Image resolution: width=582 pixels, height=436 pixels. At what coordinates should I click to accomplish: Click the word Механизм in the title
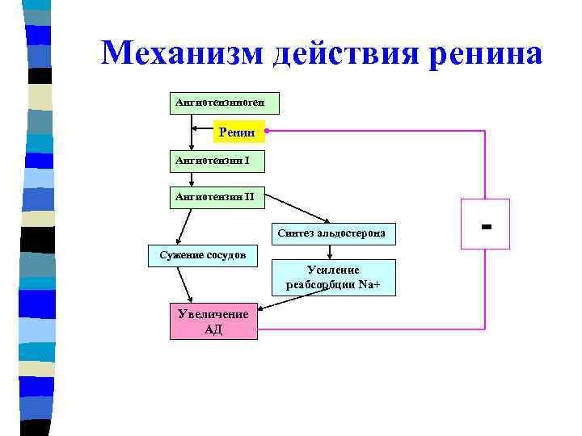point(183,54)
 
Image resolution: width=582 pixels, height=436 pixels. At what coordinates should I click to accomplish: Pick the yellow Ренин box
point(238,130)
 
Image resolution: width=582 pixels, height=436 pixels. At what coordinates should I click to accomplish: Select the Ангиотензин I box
point(217,161)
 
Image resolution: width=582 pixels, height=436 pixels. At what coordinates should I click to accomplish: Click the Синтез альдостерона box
point(331,234)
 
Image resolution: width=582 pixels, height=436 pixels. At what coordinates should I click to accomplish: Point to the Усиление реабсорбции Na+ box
point(333,278)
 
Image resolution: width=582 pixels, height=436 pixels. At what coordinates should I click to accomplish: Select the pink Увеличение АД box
point(213,321)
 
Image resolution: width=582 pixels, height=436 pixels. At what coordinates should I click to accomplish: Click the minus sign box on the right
point(485,222)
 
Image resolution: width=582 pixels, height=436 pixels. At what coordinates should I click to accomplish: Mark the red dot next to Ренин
point(267,131)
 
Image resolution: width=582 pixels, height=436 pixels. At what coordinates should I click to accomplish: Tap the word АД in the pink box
point(213,329)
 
